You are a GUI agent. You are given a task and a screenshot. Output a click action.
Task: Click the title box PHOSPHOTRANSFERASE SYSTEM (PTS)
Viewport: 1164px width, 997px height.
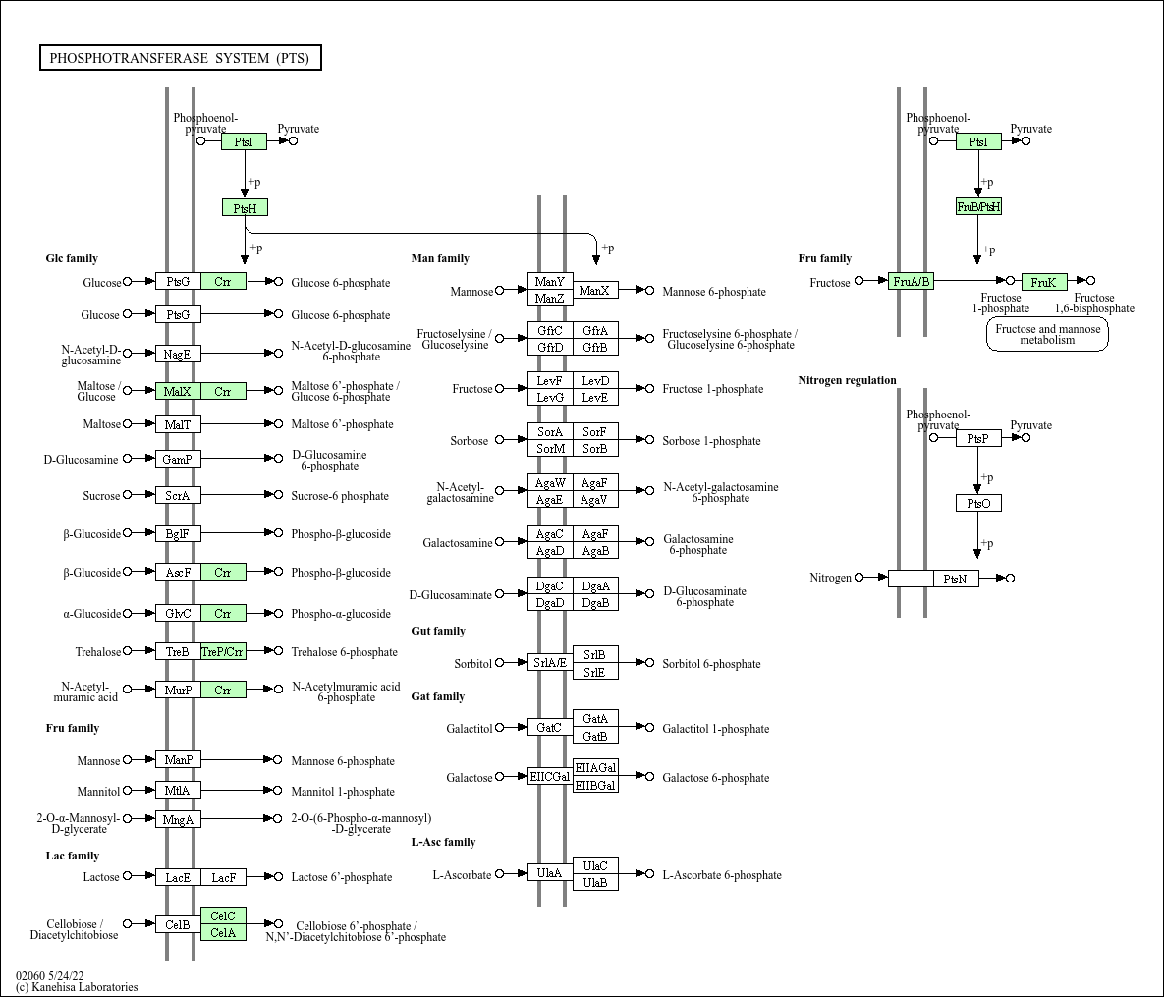click(x=181, y=58)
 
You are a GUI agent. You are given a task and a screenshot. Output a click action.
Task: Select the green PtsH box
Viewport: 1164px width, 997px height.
click(x=245, y=208)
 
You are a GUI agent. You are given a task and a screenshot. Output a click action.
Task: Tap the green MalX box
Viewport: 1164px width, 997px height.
click(x=178, y=391)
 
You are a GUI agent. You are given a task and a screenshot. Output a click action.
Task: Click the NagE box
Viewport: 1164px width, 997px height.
click(x=178, y=355)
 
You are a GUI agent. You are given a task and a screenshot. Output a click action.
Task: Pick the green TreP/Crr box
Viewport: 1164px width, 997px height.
click(x=223, y=652)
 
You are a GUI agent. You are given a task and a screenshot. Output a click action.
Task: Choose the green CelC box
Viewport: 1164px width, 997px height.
click(x=223, y=916)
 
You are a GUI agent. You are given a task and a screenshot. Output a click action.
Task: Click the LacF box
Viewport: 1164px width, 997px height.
click(x=223, y=877)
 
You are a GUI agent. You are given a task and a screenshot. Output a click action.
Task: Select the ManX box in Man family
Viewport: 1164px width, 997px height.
click(x=595, y=291)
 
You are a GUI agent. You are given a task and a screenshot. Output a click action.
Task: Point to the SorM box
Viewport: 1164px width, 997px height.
click(x=550, y=448)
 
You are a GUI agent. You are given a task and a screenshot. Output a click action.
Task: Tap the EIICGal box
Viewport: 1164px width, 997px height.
click(x=550, y=777)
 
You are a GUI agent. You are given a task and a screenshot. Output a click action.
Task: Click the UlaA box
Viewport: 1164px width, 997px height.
click(x=550, y=873)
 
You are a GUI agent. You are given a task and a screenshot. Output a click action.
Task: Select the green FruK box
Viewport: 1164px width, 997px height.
click(x=1044, y=282)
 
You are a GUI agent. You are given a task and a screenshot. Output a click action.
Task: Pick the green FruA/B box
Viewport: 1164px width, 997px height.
click(x=911, y=281)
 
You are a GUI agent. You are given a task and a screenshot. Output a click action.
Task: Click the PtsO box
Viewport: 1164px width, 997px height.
click(x=978, y=503)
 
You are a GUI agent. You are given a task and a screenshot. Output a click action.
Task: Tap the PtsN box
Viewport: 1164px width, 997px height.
click(x=956, y=579)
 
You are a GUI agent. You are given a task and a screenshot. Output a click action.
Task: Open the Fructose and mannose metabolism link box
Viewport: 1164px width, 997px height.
click(x=1047, y=334)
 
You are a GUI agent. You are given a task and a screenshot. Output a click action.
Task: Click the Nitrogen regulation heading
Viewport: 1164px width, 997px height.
click(x=847, y=380)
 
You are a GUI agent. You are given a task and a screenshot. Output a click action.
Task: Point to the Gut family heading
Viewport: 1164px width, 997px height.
click(x=438, y=631)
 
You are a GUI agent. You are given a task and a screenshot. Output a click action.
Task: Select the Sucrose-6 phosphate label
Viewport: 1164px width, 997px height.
click(x=340, y=496)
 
